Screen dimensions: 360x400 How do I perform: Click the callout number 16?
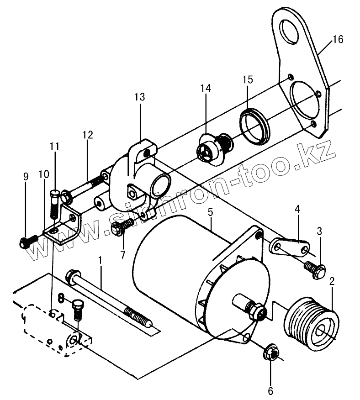[338, 40]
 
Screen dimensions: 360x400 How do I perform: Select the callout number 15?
[248, 79]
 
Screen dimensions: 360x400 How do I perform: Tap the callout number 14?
[206, 88]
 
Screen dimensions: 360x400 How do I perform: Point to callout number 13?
[140, 97]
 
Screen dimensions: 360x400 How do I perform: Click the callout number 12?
[88, 135]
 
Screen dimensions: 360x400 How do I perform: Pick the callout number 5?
[210, 212]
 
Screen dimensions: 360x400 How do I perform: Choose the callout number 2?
[332, 281]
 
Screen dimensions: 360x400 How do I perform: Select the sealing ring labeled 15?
[254, 126]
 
